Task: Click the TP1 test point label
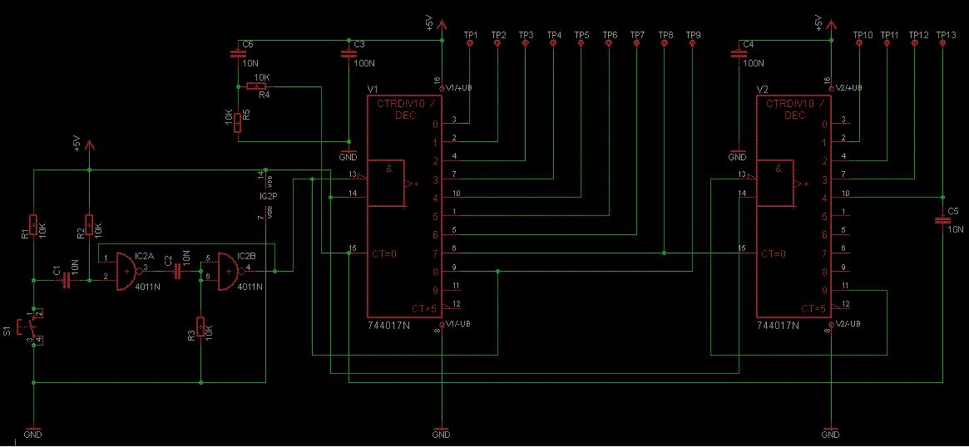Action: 471,35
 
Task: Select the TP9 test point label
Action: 694,35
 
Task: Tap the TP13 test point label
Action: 945,35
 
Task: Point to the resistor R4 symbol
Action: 259,86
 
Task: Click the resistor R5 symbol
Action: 237,123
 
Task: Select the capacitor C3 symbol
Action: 348,55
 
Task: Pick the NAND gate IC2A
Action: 128,271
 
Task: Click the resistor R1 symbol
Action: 32,226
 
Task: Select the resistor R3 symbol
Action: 200,327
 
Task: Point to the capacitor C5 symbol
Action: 942,220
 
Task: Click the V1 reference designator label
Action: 373,88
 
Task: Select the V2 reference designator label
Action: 762,88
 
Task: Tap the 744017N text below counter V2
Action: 777,327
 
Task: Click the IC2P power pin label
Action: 268,196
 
